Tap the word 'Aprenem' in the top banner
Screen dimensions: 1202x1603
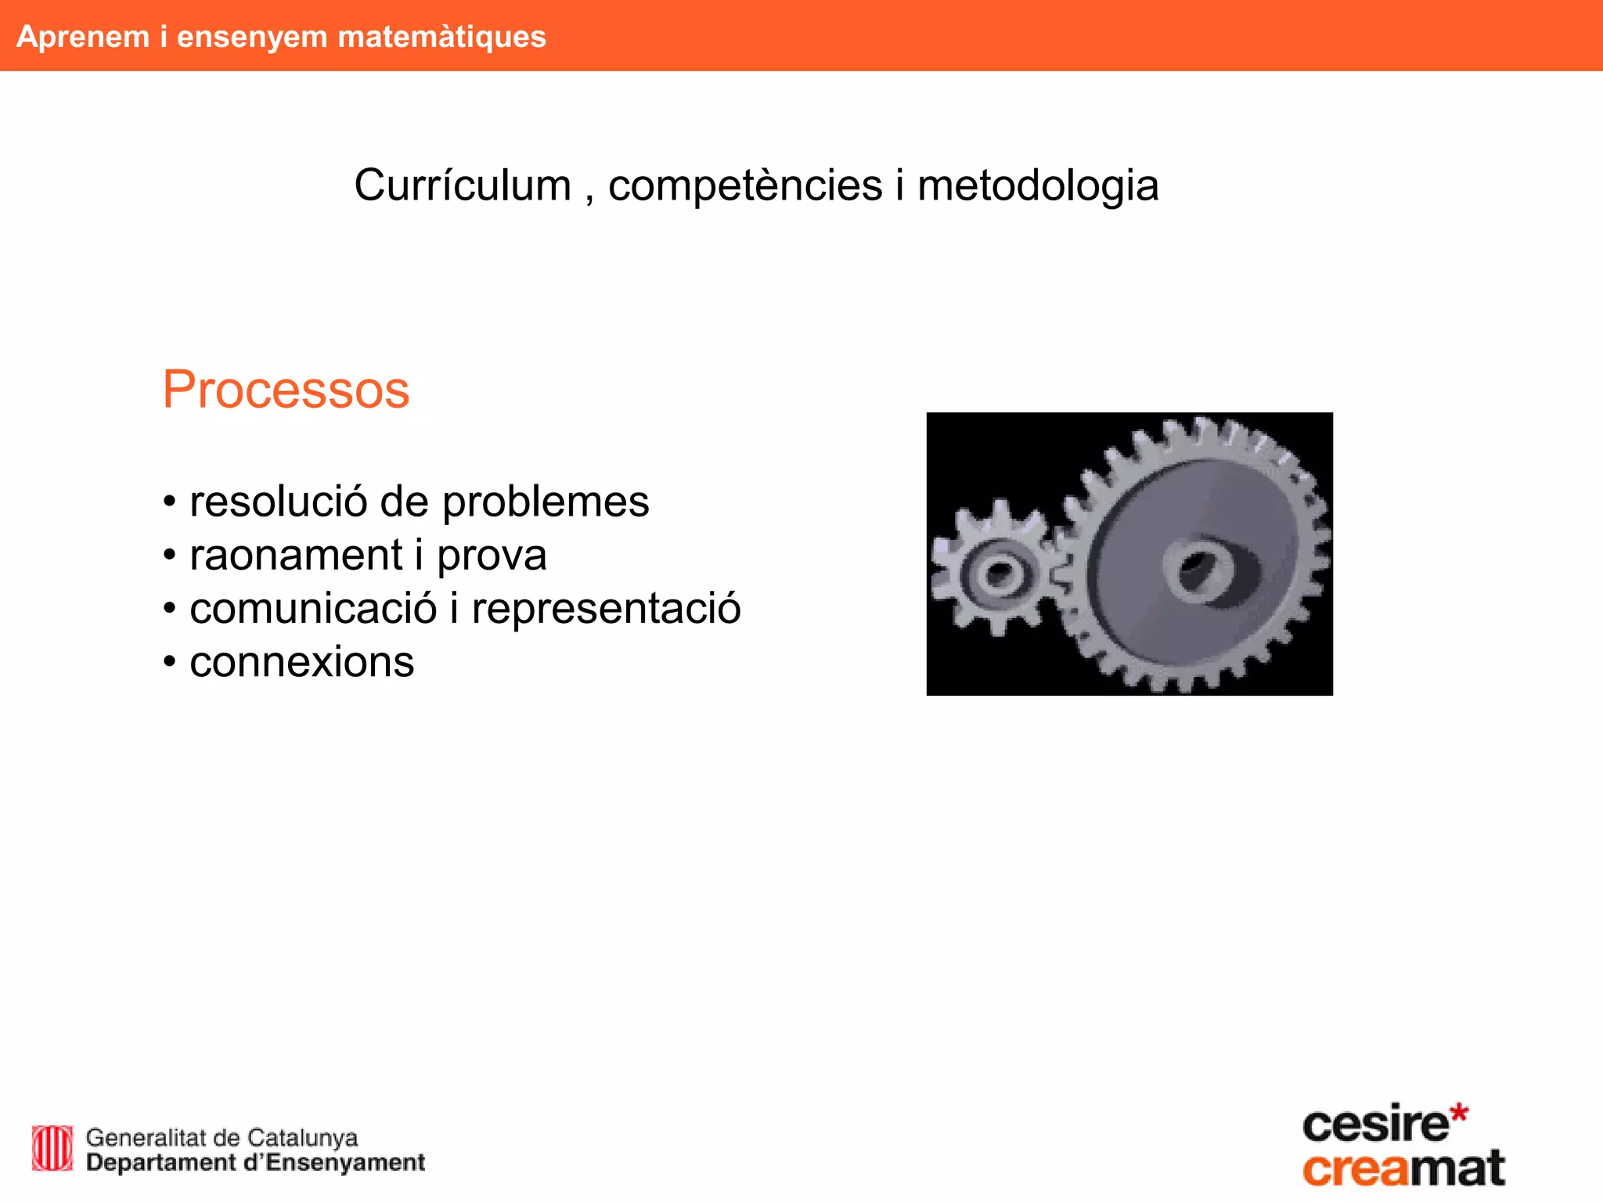coord(83,37)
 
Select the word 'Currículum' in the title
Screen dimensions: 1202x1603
coord(463,185)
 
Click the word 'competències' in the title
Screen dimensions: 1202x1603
coord(745,185)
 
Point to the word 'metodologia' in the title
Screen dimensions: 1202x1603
coord(1037,185)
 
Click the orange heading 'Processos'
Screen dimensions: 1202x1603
coord(286,390)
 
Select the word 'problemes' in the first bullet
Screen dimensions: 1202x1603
coord(546,502)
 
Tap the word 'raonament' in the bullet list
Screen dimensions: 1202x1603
coord(296,556)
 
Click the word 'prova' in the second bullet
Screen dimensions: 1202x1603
coord(492,556)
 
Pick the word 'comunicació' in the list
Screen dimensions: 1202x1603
coord(313,609)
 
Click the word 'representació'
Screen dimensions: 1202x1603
coord(606,609)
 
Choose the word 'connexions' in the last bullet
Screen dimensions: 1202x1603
coord(301,662)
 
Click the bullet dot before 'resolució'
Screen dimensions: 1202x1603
coord(169,502)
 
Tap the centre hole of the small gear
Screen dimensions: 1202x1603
coord(1000,574)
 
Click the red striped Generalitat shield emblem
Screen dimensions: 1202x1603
coord(52,1148)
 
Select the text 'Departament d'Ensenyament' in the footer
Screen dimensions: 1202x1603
coord(255,1163)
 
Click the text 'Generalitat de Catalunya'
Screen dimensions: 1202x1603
coord(222,1137)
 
